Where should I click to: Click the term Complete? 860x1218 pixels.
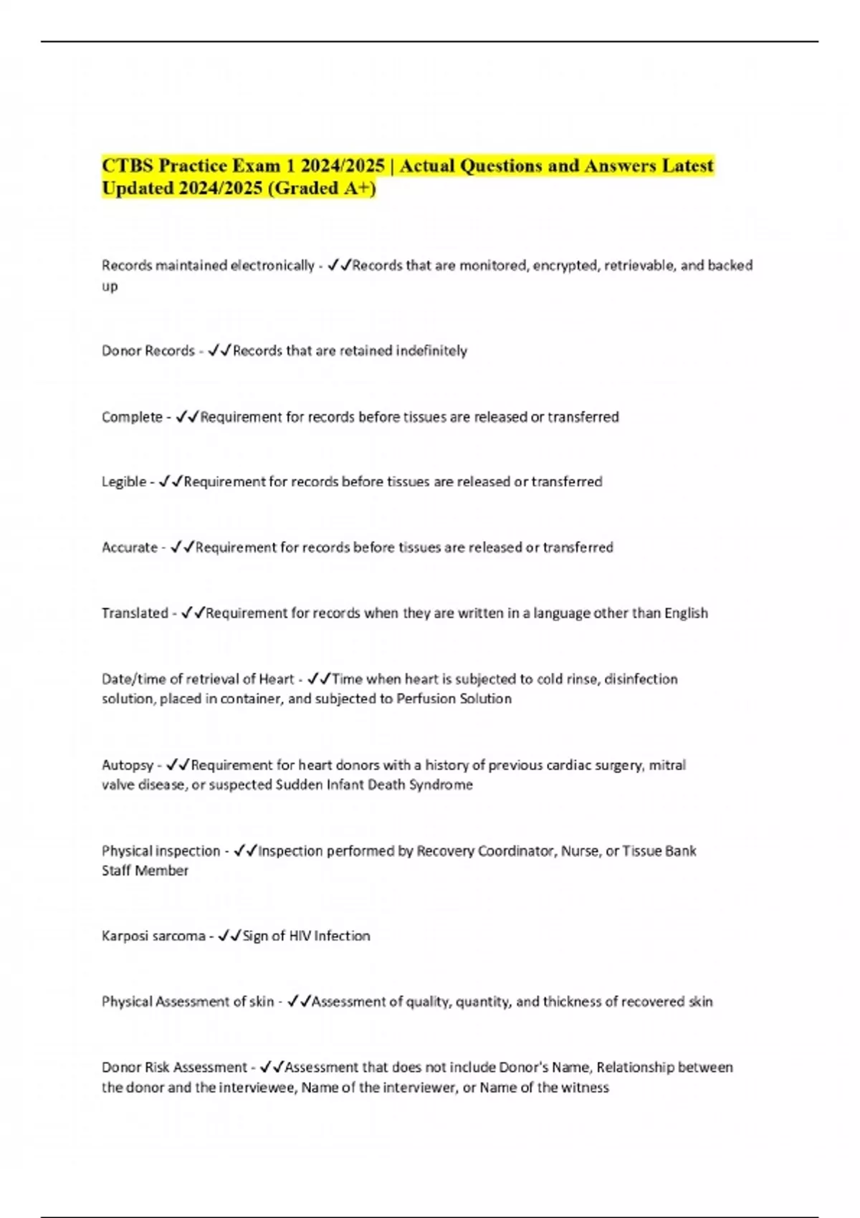[x=132, y=417]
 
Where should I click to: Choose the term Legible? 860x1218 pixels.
[x=124, y=482]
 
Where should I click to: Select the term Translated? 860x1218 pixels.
[x=135, y=613]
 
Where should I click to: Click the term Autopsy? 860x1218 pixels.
[x=128, y=765]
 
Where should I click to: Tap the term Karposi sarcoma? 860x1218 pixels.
[x=153, y=936]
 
